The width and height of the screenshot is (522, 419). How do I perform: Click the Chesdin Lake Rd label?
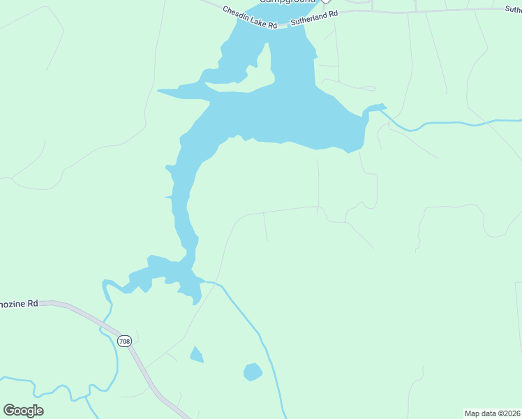[251, 18]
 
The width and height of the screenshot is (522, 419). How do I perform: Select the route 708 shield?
[124, 341]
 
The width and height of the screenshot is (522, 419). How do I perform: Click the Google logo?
[23, 411]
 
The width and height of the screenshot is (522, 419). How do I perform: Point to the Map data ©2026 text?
[493, 413]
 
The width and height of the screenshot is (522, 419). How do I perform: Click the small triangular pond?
[196, 355]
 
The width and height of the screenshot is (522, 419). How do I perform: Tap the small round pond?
[253, 372]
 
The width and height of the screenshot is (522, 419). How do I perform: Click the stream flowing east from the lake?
[447, 124]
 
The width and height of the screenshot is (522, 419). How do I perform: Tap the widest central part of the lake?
[293, 115]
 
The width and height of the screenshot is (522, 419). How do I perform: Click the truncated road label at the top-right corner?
[513, 10]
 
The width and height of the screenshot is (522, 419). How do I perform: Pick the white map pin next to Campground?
[325, 2]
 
